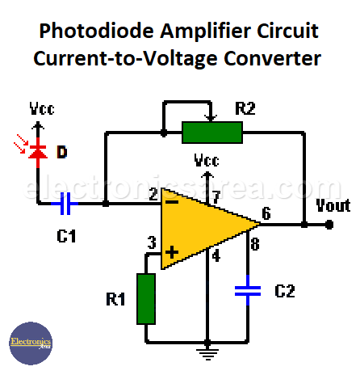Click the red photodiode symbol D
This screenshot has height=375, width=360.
tap(36, 152)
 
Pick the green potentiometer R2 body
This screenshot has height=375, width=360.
tap(211, 131)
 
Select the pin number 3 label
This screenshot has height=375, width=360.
tap(151, 241)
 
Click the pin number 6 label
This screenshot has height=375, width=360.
tap(266, 214)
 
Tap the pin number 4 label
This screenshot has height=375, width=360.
tap(216, 258)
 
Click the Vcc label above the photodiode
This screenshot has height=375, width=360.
tap(42, 109)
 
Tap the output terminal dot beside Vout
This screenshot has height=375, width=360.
tap(329, 225)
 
